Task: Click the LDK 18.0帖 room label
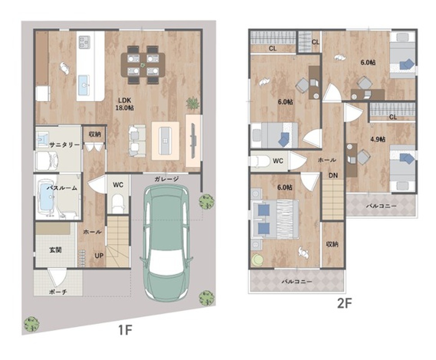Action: point(125,104)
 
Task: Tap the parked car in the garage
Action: point(166,243)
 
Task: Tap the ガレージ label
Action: point(166,179)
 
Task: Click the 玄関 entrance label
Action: point(55,250)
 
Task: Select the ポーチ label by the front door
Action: point(58,292)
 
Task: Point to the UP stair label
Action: point(99,256)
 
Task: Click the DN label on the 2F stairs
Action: point(333,175)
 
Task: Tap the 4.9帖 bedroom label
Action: point(378,139)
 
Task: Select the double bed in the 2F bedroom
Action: point(275,219)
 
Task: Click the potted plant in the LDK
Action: point(193,103)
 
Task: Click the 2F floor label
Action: point(345,303)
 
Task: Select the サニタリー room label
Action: point(64,145)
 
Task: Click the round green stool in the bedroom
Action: point(258,261)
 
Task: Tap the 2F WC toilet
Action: point(260,161)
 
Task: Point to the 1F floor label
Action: point(125,330)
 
